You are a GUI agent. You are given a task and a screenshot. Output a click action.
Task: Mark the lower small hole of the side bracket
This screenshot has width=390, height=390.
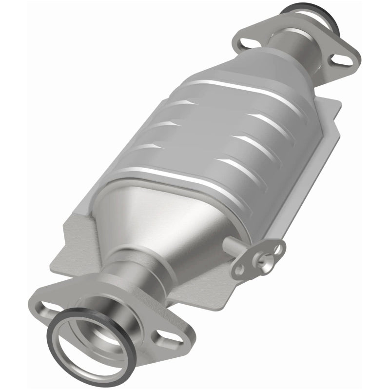coord(239,269)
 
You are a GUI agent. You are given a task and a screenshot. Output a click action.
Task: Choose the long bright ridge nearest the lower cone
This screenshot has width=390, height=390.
coord(161,175)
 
